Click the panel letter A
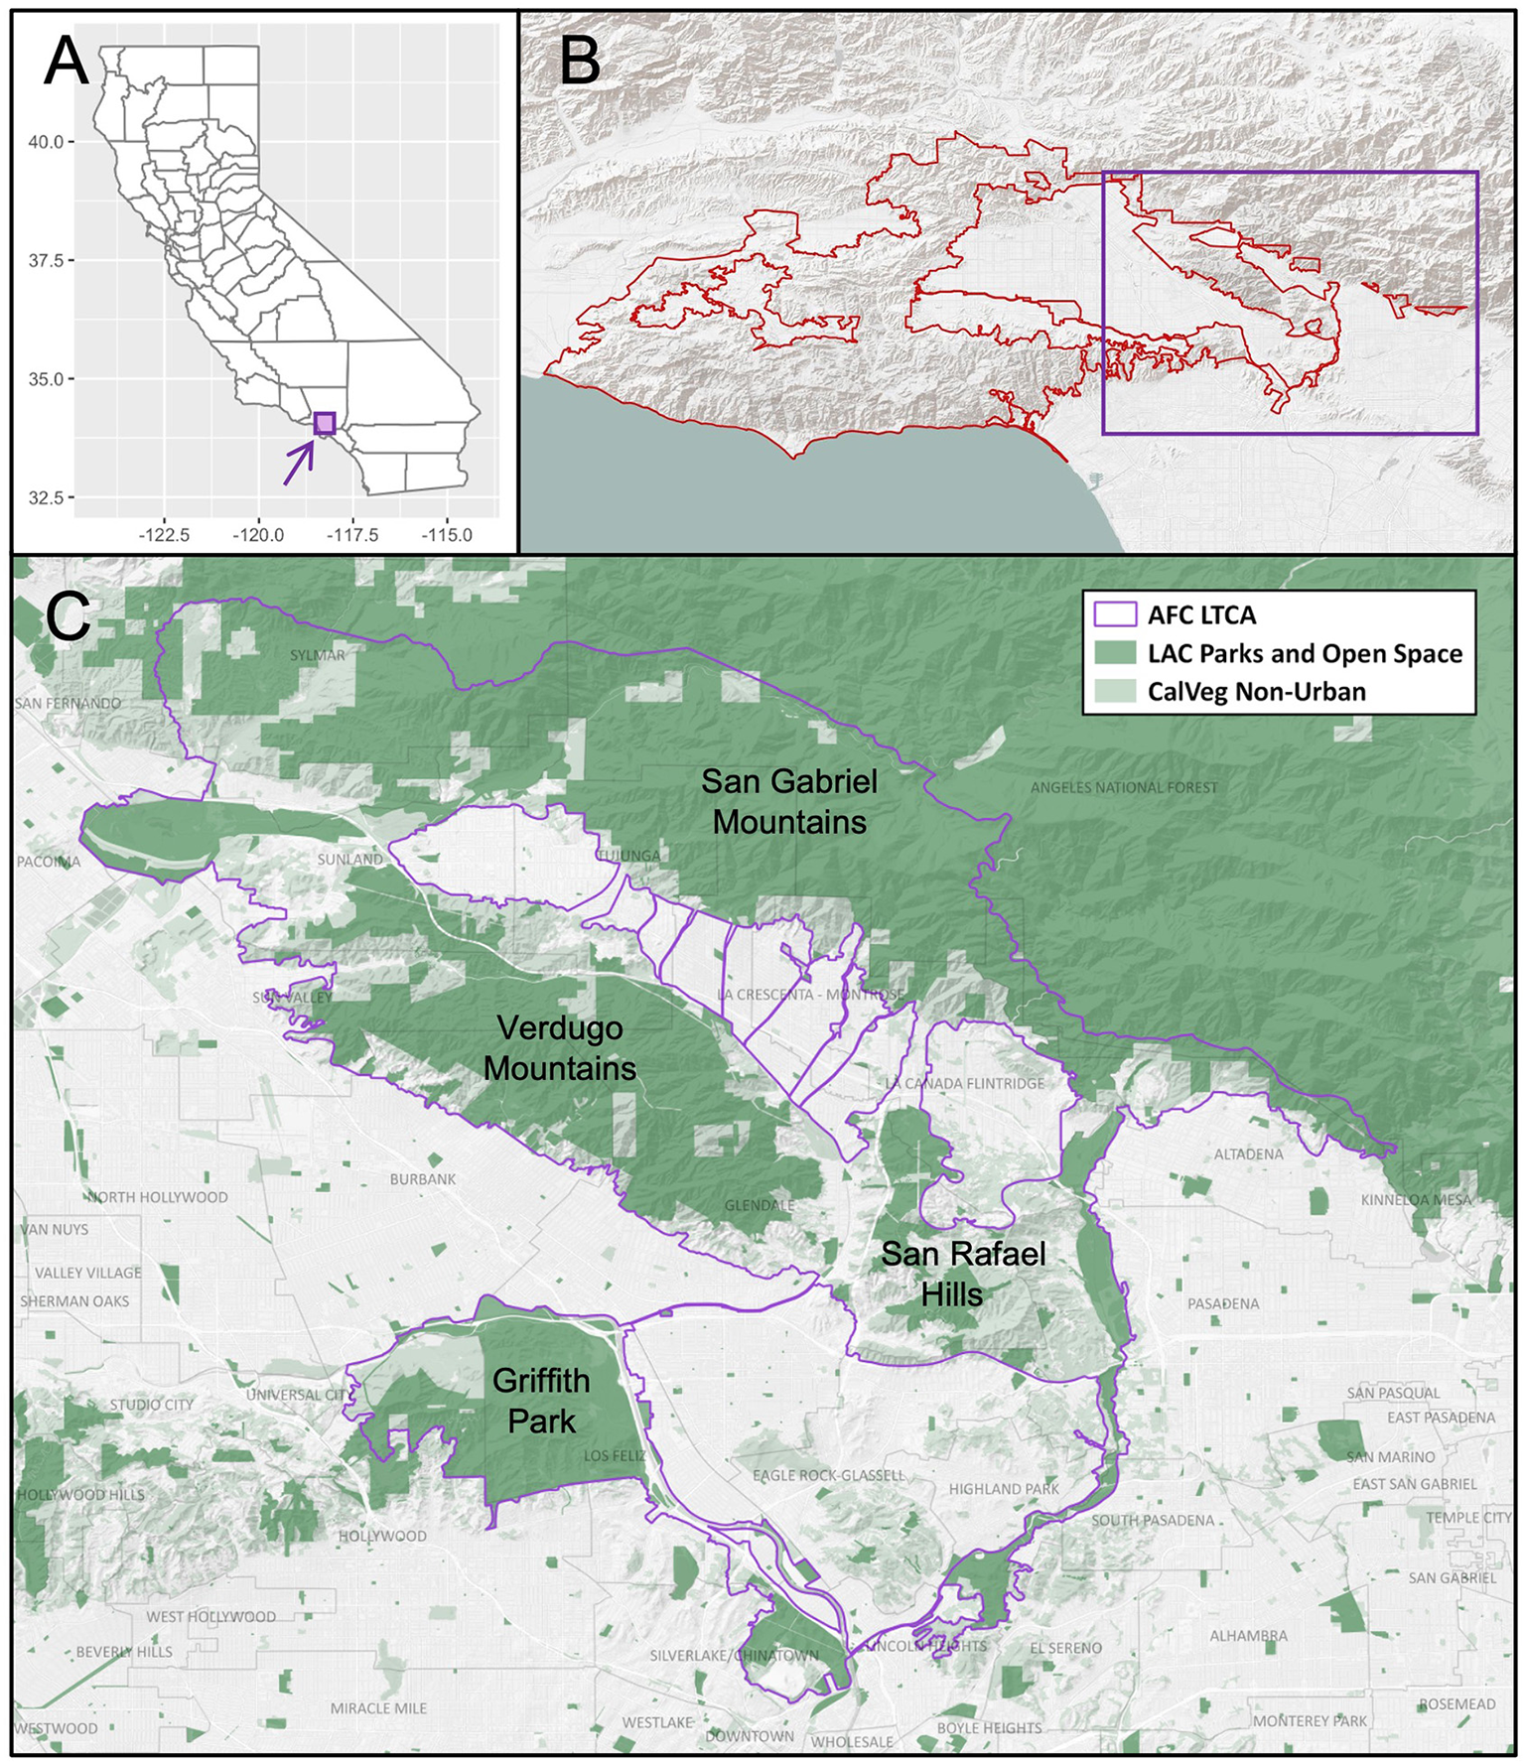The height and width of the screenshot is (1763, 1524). (67, 62)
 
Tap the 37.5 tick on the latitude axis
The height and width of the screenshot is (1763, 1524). (46, 260)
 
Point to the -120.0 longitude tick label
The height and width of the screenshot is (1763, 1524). (258, 535)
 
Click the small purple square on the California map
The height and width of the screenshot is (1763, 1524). (325, 423)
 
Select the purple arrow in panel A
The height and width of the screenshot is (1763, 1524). (299, 462)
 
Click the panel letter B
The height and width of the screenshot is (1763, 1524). (581, 62)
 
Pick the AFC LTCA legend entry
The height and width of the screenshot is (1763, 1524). (1201, 614)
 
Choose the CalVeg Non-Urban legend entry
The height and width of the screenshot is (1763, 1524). (1256, 692)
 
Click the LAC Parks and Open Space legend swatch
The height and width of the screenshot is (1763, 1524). (1115, 653)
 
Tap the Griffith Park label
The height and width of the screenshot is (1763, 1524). (541, 1401)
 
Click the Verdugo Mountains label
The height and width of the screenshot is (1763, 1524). (560, 1048)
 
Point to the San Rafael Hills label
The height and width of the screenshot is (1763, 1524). (962, 1274)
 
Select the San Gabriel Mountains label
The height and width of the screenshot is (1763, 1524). (789, 801)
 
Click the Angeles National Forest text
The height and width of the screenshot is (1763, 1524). (1123, 787)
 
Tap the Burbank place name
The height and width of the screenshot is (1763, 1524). (423, 1179)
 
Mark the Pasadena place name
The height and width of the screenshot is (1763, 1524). (1223, 1303)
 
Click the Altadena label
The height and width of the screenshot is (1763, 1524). (1248, 1154)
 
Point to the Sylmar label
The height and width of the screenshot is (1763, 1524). (318, 655)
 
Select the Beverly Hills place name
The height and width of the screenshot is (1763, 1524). (124, 1652)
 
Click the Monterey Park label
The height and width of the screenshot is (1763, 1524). (1309, 1721)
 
